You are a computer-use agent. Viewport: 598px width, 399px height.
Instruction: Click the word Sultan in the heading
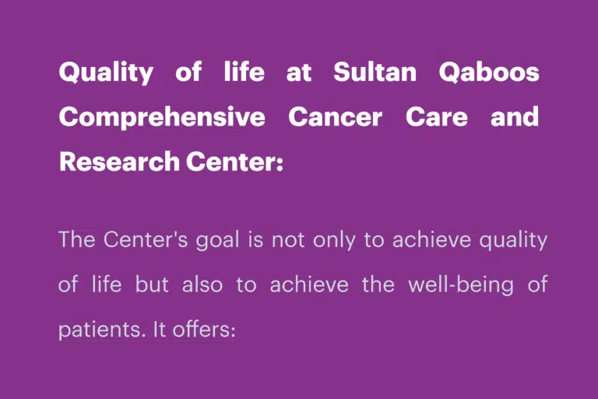tap(375, 72)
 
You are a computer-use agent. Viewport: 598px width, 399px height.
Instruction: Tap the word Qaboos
tap(489, 72)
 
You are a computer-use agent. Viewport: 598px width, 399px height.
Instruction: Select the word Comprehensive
tap(162, 117)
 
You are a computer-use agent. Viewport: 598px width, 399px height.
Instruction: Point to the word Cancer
tap(336, 116)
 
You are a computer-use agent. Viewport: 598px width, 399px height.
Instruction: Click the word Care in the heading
tap(436, 116)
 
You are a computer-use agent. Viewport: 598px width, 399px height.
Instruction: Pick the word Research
tap(119, 161)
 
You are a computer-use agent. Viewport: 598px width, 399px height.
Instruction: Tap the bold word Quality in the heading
tap(106, 72)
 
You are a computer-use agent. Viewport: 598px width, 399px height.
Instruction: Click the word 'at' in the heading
tap(299, 73)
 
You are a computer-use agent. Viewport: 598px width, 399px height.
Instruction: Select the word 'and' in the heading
tap(515, 116)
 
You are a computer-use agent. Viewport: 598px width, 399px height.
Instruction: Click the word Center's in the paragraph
tap(146, 239)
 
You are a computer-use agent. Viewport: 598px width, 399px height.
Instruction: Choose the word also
tap(202, 284)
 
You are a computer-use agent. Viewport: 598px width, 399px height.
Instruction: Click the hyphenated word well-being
tap(461, 285)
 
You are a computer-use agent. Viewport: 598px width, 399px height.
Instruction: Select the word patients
tap(102, 330)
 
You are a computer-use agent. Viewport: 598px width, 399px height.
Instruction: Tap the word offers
tap(204, 329)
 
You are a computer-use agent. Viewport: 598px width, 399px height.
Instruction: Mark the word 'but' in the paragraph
tap(152, 284)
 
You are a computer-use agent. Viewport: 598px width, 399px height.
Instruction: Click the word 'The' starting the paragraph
tap(76, 239)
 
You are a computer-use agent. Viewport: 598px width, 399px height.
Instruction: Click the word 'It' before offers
tap(159, 329)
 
